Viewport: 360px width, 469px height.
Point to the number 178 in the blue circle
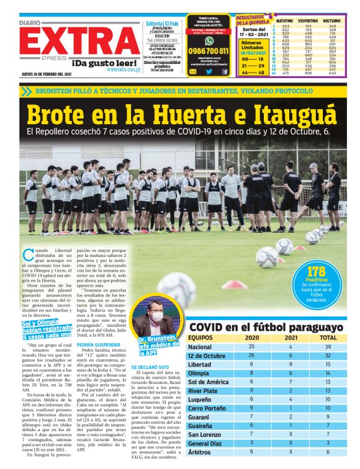[317, 270]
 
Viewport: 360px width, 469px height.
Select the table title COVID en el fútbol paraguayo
[266, 327]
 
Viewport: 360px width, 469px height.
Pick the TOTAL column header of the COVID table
[327, 337]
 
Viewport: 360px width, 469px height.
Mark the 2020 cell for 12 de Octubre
[251, 355]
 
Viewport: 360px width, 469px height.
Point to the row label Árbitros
[200, 452]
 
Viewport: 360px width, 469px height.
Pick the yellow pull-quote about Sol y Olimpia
[45, 331]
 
